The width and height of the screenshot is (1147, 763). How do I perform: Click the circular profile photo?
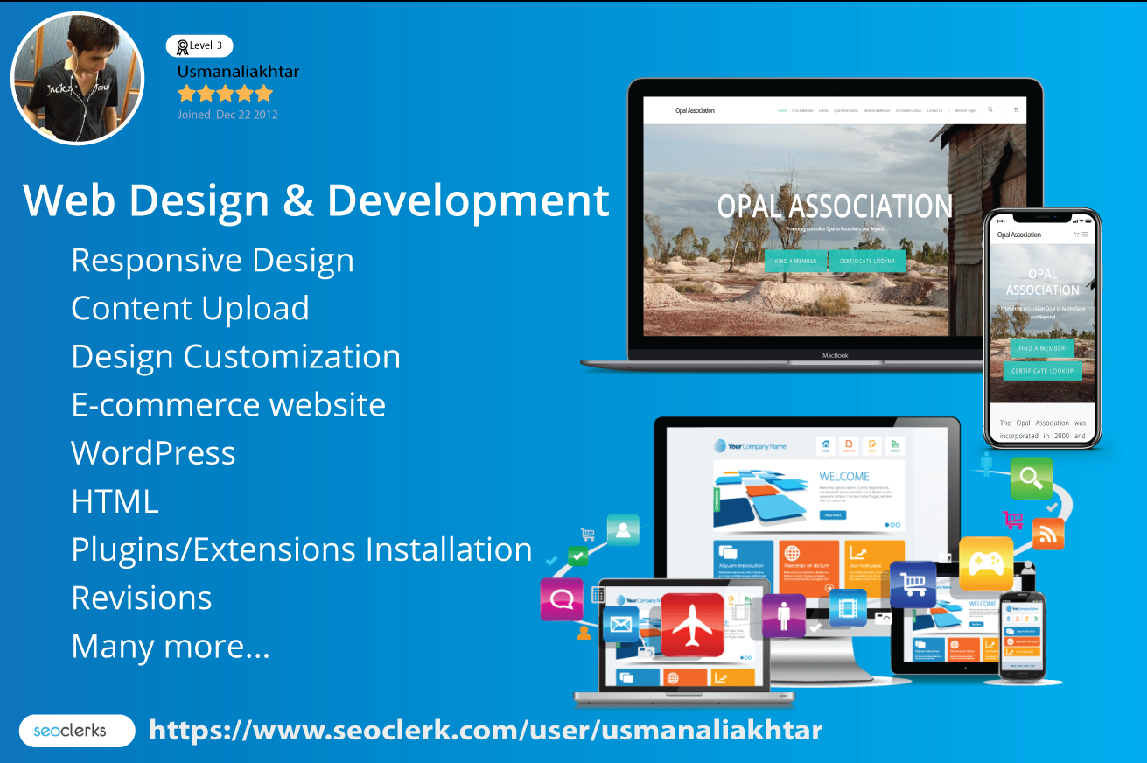(77, 78)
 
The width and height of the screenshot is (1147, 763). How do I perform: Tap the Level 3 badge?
(199, 46)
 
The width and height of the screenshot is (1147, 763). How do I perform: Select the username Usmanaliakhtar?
(238, 72)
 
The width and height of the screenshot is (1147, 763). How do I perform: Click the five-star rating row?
(226, 94)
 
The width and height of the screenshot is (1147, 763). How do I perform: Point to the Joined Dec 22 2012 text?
(227, 115)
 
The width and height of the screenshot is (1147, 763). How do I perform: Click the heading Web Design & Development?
(316, 200)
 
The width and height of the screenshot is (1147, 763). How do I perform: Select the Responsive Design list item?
(213, 261)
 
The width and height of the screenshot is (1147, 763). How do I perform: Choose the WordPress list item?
(153, 453)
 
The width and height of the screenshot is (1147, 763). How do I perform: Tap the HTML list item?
(115, 501)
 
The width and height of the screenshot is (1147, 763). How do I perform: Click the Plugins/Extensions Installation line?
(302, 549)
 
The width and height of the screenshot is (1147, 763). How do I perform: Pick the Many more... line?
(171, 646)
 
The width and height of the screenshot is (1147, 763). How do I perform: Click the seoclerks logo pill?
(77, 731)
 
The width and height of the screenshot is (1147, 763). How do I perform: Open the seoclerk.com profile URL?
(486, 730)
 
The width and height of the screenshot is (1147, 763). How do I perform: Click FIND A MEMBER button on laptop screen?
(795, 261)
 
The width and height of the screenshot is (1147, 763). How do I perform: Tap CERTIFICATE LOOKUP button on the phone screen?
(1042, 371)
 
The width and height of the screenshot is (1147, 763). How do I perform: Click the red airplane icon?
(692, 625)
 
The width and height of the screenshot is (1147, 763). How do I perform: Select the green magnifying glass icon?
(1032, 479)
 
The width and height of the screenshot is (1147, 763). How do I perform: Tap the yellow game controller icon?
(986, 563)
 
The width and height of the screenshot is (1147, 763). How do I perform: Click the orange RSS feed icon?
(1047, 534)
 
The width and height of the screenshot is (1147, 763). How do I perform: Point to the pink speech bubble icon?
(562, 599)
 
